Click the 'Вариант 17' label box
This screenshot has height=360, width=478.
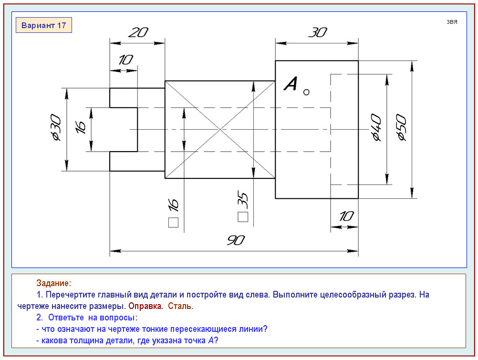[44, 25]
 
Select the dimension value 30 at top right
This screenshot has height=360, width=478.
[317, 32]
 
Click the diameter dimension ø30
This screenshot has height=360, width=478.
[55, 128]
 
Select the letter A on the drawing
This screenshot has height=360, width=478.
[291, 84]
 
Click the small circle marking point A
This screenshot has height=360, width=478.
[306, 92]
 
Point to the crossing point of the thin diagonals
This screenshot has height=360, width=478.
[220, 129]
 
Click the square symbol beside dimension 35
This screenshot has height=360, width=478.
[243, 217]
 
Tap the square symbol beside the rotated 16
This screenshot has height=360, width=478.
[174, 222]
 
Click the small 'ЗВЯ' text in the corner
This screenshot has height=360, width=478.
[452, 22]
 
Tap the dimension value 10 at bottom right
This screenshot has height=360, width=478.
[346, 216]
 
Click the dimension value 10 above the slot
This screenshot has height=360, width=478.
[125, 60]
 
